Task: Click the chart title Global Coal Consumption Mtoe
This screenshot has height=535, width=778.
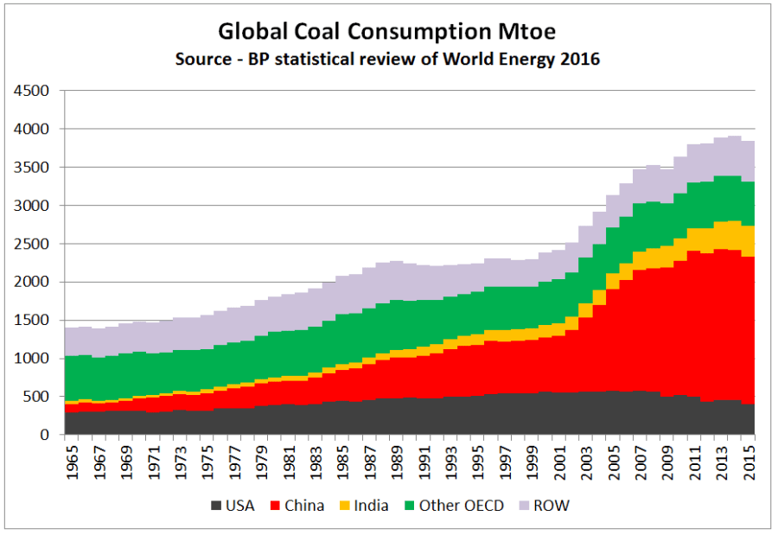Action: tap(386, 32)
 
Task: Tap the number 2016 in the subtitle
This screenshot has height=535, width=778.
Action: tap(580, 60)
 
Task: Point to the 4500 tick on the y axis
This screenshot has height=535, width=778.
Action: tap(33, 91)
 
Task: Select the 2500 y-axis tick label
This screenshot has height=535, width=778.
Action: tap(33, 244)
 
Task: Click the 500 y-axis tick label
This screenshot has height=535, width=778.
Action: tap(38, 397)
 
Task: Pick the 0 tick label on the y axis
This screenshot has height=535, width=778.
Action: tap(47, 435)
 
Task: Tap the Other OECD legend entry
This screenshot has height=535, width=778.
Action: tap(461, 506)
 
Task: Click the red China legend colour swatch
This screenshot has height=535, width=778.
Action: tap(275, 506)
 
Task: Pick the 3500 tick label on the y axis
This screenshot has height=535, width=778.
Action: tap(33, 167)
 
